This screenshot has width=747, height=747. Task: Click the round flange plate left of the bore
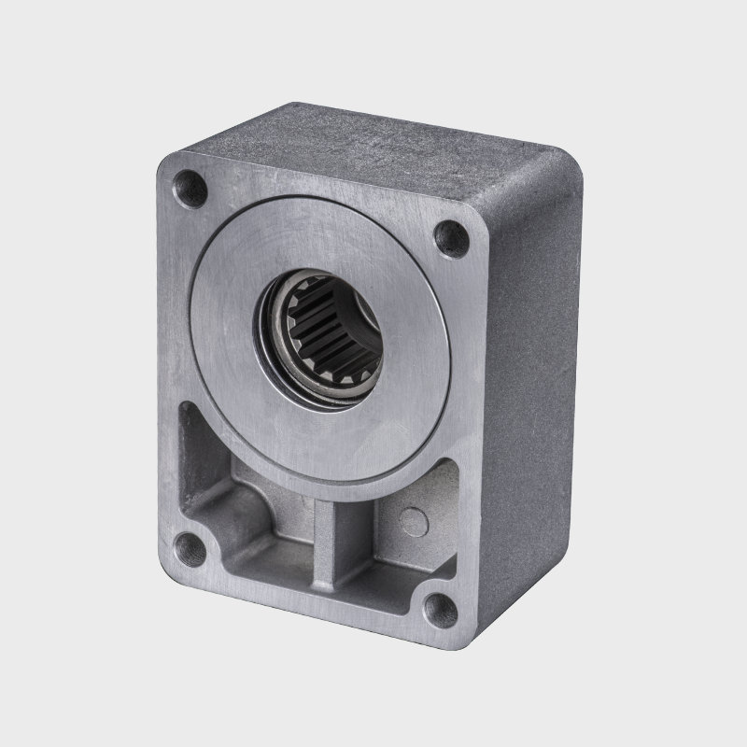click(224, 308)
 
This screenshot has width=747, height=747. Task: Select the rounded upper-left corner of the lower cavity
click(187, 411)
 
